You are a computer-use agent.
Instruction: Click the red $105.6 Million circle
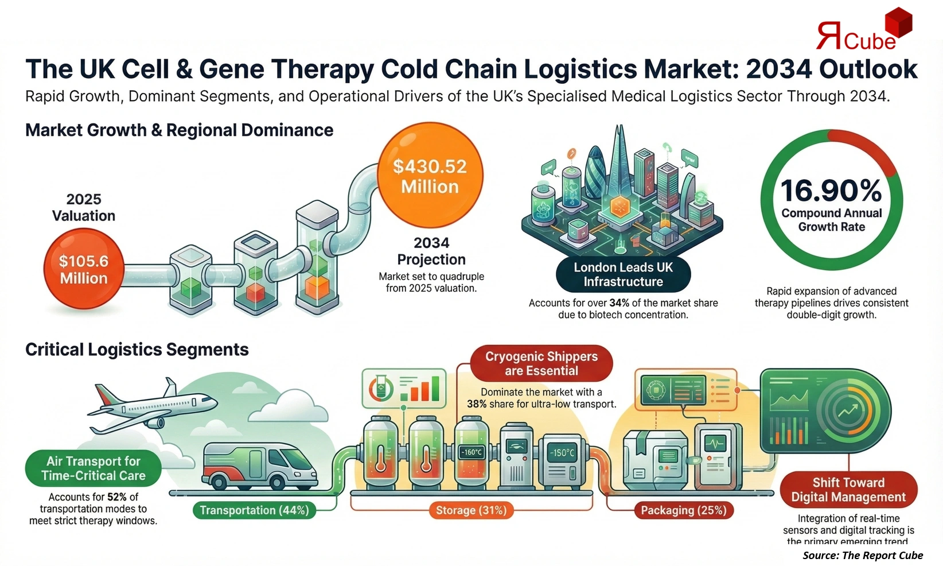point(84,269)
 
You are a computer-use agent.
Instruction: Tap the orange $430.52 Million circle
point(430,176)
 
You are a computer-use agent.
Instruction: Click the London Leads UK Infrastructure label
point(623,274)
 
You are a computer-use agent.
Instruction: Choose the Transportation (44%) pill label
point(254,510)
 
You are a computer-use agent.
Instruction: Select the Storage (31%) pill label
point(471,510)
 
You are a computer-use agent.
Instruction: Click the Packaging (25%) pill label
point(683,510)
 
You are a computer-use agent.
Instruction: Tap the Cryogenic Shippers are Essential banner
point(541,363)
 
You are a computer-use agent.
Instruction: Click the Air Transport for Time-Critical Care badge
point(93,468)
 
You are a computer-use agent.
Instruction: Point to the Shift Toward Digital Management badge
point(848,490)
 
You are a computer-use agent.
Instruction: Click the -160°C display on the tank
point(472,452)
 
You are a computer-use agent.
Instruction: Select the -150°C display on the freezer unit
point(562,453)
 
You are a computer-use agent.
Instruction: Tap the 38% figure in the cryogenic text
point(477,404)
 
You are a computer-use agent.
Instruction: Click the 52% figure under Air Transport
point(116,497)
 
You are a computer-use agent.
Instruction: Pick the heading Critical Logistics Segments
point(137,350)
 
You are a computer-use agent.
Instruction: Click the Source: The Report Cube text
point(862,555)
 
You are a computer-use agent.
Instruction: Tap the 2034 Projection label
point(431,251)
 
